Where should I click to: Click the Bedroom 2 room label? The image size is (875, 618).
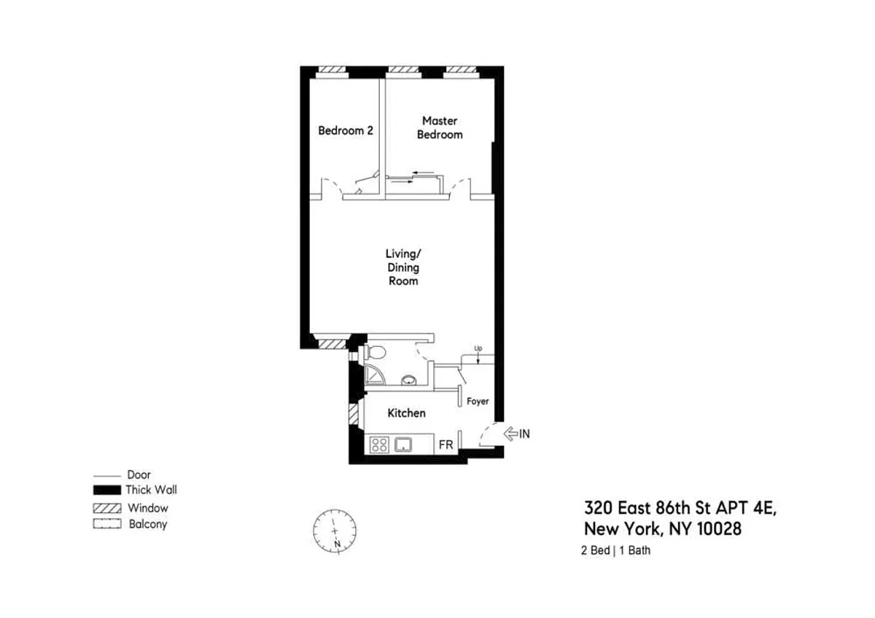(x=346, y=131)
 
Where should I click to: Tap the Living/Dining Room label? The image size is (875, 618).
(x=402, y=267)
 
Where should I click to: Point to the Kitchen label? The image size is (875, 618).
(x=406, y=413)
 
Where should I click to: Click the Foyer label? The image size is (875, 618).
(x=478, y=402)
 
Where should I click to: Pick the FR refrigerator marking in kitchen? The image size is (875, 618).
(x=445, y=444)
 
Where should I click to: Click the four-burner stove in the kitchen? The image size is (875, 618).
(x=379, y=444)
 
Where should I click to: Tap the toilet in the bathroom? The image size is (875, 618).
(x=376, y=353)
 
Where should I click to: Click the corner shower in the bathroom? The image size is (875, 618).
(x=374, y=375)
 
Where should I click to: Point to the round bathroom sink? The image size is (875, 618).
(x=410, y=380)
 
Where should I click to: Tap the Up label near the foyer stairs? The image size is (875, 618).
(x=478, y=348)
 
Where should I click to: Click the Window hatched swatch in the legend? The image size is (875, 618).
(x=107, y=508)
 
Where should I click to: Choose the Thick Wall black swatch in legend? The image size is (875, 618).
(x=107, y=490)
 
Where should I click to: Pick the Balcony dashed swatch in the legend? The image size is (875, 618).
(x=107, y=524)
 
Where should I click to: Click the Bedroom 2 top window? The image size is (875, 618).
(x=331, y=71)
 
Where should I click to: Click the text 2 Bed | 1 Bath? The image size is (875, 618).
(x=615, y=551)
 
